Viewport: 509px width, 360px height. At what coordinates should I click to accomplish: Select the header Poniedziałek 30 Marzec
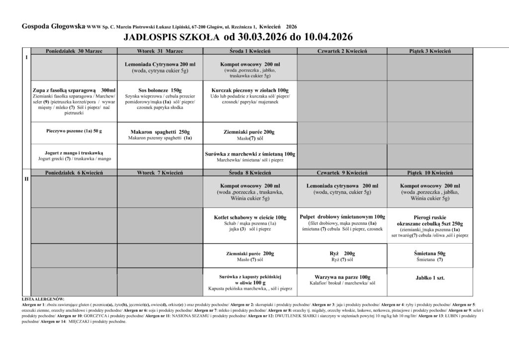click(x=73, y=51)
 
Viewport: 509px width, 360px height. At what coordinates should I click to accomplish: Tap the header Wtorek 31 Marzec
click(x=160, y=51)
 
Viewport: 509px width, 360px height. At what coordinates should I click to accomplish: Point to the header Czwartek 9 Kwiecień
click(x=342, y=173)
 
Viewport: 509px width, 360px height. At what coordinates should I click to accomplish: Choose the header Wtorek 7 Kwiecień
click(x=160, y=173)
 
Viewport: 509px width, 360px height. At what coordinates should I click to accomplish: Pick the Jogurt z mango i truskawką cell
click(x=74, y=153)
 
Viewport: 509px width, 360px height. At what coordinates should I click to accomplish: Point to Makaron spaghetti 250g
click(x=160, y=132)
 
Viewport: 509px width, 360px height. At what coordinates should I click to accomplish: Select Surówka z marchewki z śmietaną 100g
click(x=250, y=154)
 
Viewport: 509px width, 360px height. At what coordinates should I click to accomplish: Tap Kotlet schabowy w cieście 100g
click(x=250, y=217)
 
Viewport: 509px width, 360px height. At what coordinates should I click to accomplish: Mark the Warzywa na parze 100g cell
click(x=342, y=276)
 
